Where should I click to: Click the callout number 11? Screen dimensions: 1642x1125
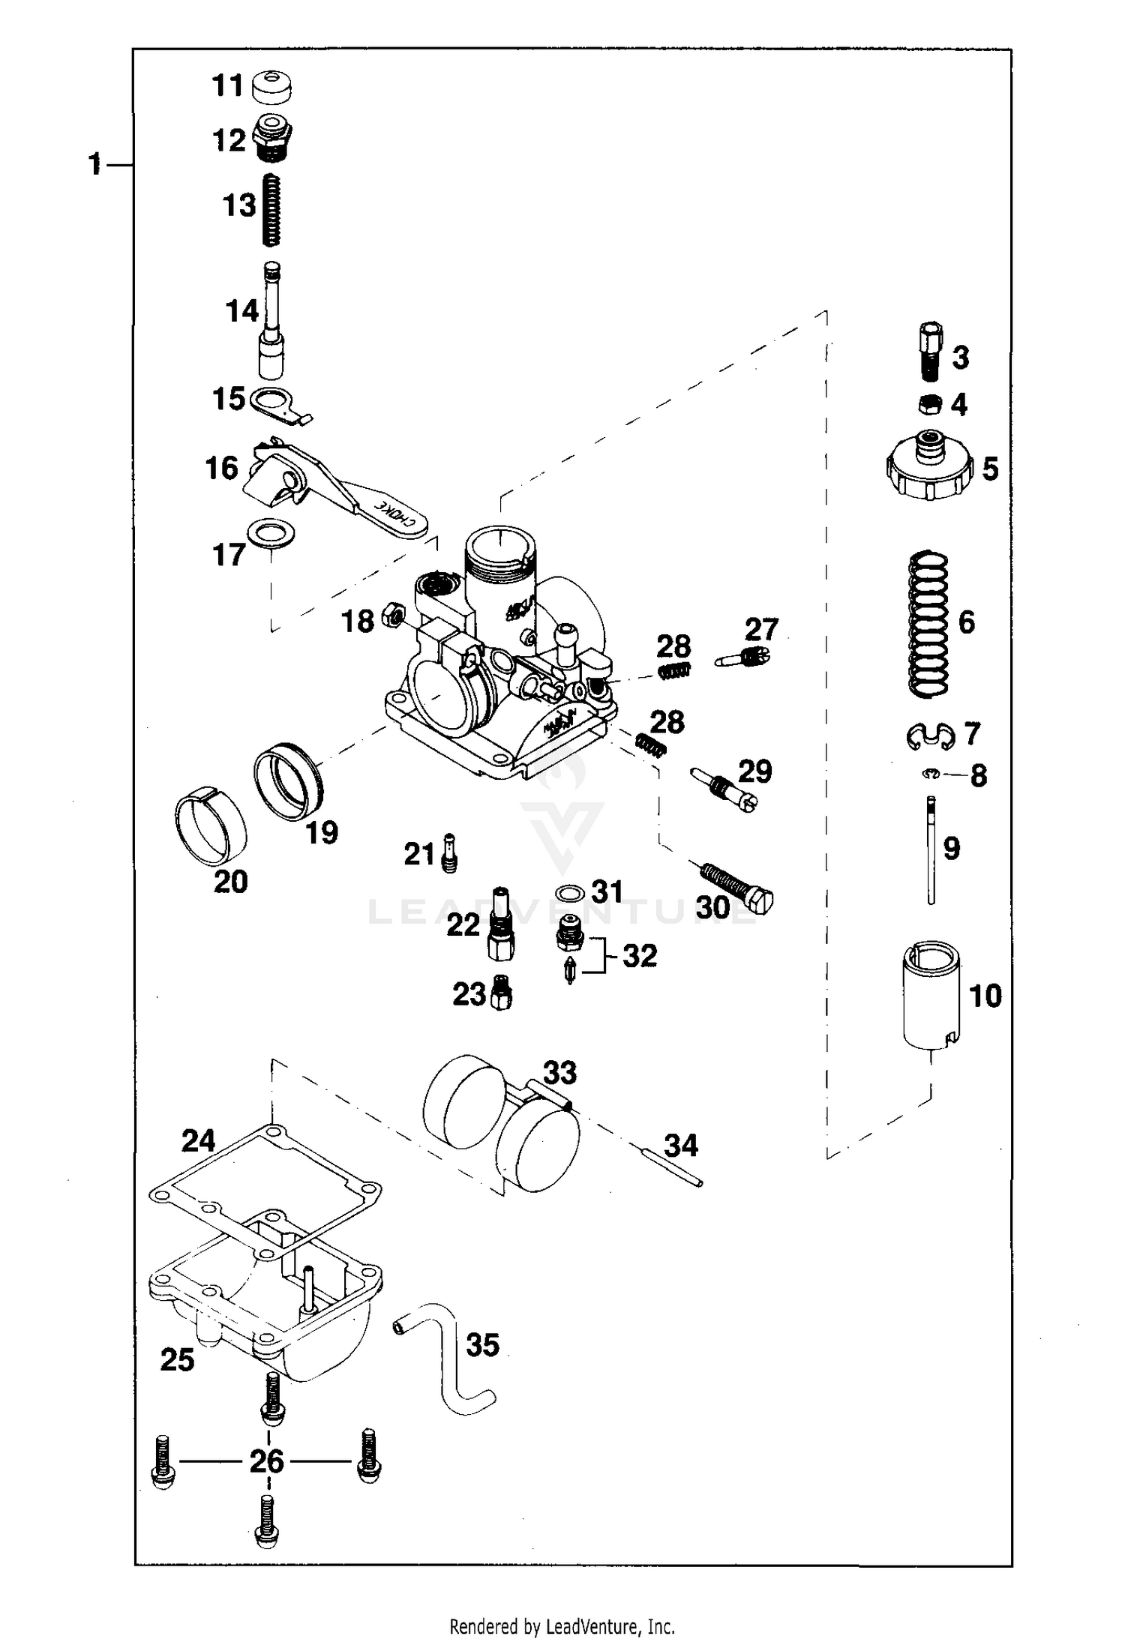coord(227,85)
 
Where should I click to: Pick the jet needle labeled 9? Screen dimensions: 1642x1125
coord(931,850)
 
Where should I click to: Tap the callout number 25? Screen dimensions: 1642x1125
coord(178,1359)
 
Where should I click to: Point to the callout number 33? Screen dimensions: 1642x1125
coord(559,1073)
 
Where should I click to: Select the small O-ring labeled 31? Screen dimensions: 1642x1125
coord(571,894)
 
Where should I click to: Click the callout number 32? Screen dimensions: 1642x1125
coord(640,956)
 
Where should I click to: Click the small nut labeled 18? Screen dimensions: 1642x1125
coord(391,616)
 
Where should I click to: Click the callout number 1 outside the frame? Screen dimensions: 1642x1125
coord(94,163)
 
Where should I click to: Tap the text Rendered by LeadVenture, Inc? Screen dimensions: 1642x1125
coord(562,1626)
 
